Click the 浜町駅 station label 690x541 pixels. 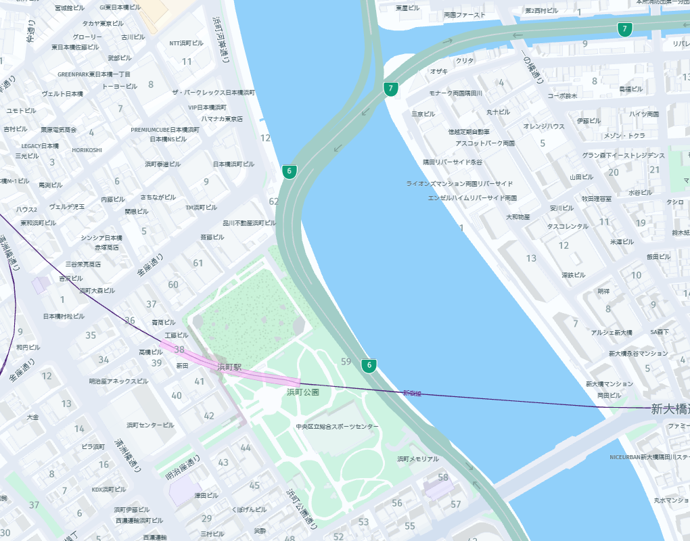(229, 367)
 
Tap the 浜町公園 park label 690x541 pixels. (302, 392)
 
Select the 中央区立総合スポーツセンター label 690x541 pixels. (337, 427)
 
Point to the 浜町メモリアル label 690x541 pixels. (417, 458)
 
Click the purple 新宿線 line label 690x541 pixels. (411, 393)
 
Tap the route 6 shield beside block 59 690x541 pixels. (369, 366)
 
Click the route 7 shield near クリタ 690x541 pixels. (390, 89)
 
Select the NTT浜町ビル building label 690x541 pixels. (186, 43)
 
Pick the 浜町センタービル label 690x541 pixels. (150, 425)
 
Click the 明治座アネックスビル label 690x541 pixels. (118, 381)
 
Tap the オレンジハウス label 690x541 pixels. (543, 126)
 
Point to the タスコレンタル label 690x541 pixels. (568, 227)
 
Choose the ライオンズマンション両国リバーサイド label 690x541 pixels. (459, 183)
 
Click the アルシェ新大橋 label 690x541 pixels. (611, 332)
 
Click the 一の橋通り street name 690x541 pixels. (532, 66)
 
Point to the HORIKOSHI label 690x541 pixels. (87, 150)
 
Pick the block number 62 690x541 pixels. (273, 202)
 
